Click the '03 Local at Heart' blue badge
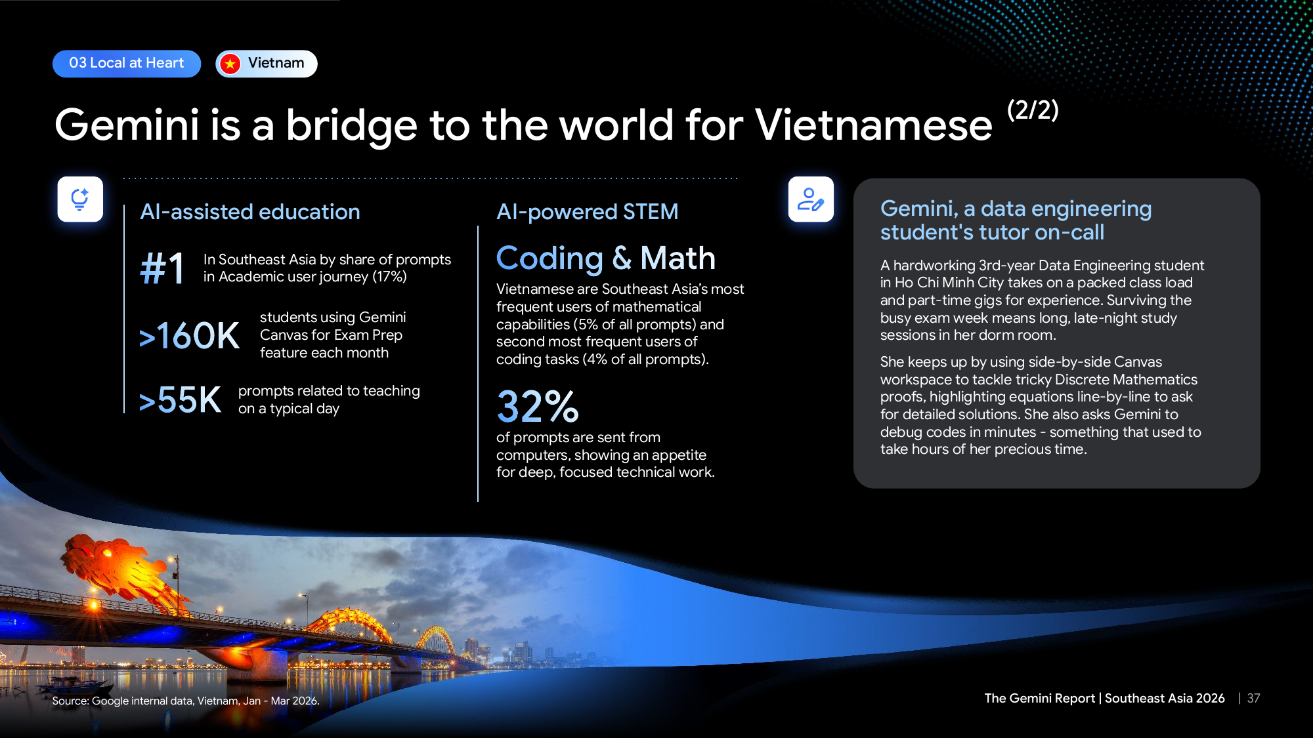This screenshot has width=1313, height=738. click(x=127, y=64)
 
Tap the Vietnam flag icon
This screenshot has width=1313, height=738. click(x=230, y=64)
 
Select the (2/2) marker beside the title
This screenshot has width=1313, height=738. click(x=1033, y=110)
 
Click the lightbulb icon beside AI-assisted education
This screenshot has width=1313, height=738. click(x=80, y=199)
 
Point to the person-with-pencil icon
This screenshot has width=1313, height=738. click(x=811, y=199)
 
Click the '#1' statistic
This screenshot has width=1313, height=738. click(x=162, y=268)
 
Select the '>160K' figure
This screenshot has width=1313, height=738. click(x=189, y=336)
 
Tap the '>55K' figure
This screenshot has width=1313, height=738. click(x=180, y=400)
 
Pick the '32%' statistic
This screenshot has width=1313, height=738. click(x=538, y=407)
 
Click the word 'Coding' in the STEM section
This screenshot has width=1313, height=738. click(x=549, y=258)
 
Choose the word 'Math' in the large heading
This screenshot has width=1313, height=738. click(x=678, y=258)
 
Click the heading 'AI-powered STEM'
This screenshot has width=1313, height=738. click(x=588, y=212)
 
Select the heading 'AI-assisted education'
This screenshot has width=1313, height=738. click(x=250, y=212)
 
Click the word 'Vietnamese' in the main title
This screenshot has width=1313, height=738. click(x=874, y=125)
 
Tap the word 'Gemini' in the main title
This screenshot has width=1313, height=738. click(x=127, y=125)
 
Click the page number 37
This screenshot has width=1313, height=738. click(x=1253, y=699)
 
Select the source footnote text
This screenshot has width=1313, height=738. click(x=186, y=701)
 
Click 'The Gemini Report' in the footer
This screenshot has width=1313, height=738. click(x=1040, y=699)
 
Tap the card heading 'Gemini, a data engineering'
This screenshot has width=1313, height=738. click(x=1016, y=209)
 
